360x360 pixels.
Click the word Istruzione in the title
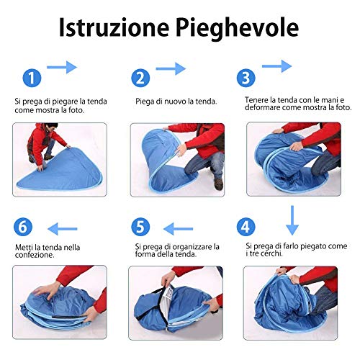114,27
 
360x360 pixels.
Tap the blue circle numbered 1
32,78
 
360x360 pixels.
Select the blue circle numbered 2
140,78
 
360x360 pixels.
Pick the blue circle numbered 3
246,78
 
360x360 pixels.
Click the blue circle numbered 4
246,227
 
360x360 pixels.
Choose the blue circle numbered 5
140,227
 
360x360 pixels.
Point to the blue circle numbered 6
23,227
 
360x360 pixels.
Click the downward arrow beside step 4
292,220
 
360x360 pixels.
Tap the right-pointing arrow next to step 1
62,67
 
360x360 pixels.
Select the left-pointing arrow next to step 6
63,229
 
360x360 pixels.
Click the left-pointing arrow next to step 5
178,229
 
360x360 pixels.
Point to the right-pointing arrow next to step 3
277,66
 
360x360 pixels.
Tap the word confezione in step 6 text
35,255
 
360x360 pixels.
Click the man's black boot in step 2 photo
219,184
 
